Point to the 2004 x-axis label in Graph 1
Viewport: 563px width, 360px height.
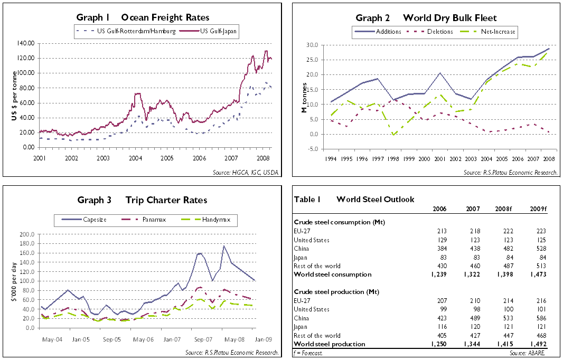pyautogui.click(x=135, y=158)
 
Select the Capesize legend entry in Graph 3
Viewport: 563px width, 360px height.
pyautogui.click(x=95, y=219)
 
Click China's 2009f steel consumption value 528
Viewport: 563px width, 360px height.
pyautogui.click(x=540, y=249)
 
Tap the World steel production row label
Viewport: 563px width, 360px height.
pyautogui.click(x=329, y=344)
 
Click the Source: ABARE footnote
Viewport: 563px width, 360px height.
pyautogui.click(x=534, y=352)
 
